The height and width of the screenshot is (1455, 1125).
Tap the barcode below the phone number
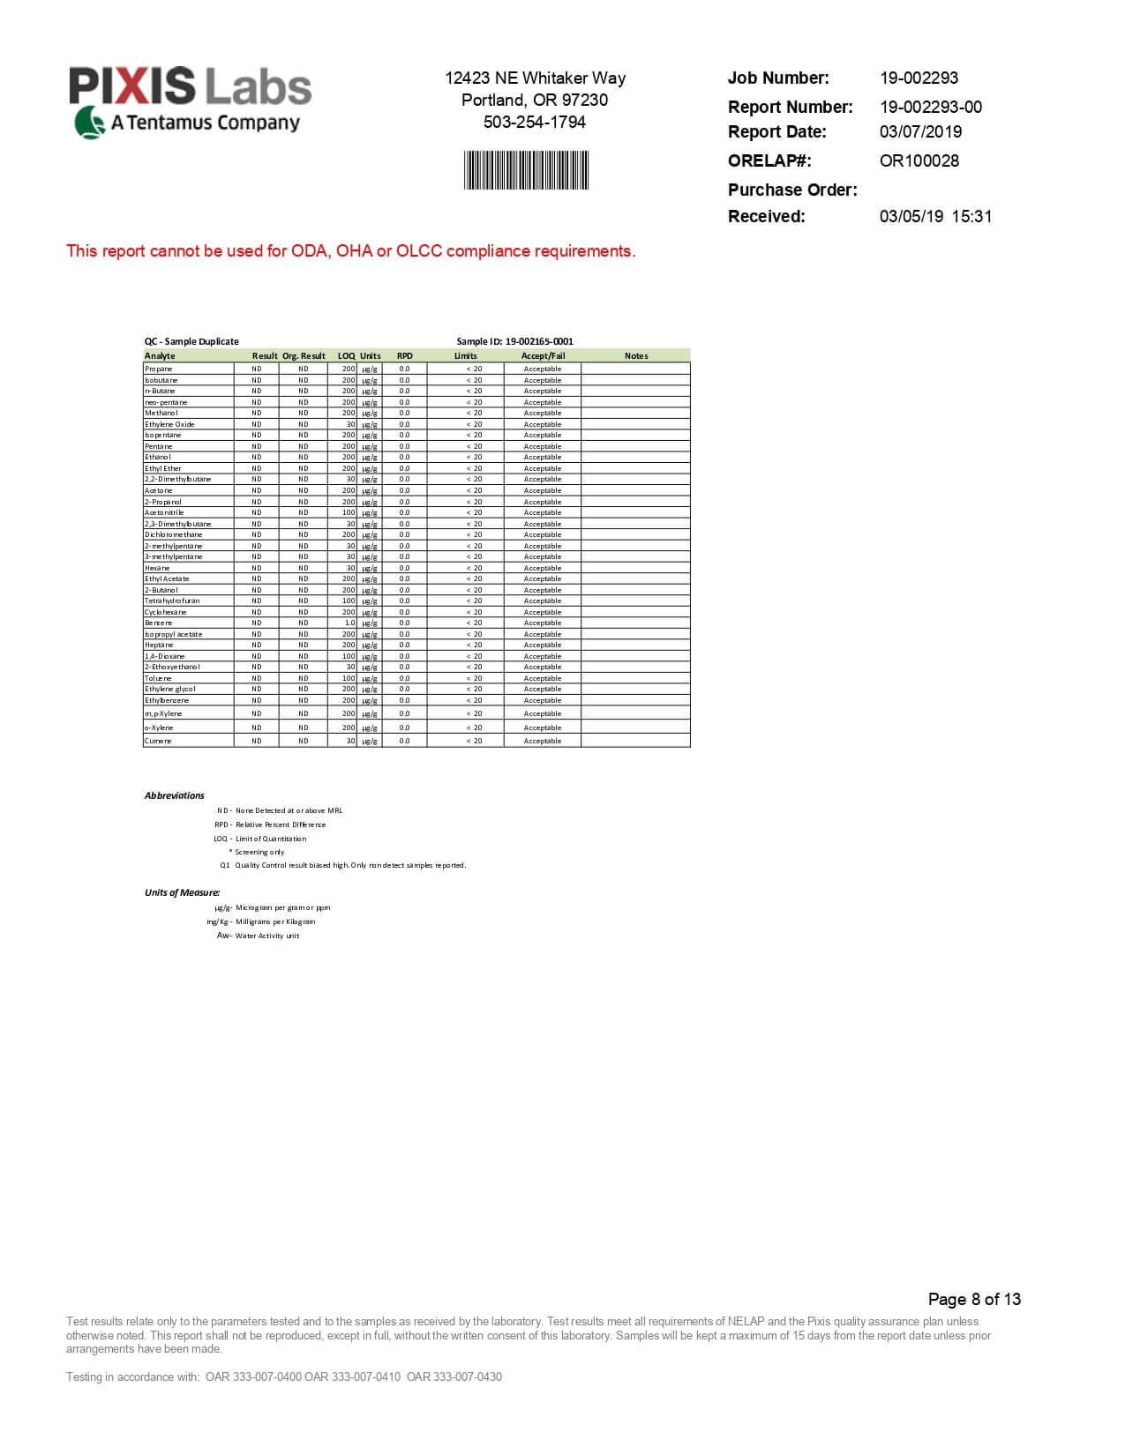coord(527,170)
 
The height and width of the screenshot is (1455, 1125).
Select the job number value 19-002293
coord(919,78)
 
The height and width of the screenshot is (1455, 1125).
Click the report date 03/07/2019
coord(920,131)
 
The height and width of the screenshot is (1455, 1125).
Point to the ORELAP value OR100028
coord(919,160)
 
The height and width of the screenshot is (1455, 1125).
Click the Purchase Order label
coord(791,190)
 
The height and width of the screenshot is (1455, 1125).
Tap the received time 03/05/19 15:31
coord(935,216)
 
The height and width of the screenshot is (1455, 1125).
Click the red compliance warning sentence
coord(350,251)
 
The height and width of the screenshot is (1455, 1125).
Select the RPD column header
coord(404,356)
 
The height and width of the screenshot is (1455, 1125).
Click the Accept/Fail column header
coord(543,356)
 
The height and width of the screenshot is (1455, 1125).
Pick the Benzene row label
coord(159,623)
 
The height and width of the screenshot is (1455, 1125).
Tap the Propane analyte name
coord(159,369)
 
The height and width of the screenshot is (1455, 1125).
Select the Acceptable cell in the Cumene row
coord(542,742)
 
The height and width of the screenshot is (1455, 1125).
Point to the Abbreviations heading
coord(174,795)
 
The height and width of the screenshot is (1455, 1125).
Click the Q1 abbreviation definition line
coord(343,865)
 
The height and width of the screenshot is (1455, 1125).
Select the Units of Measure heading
coord(182,892)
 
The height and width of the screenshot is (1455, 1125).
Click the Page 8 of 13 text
coord(973,1299)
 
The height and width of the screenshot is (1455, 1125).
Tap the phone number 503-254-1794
coord(534,123)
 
